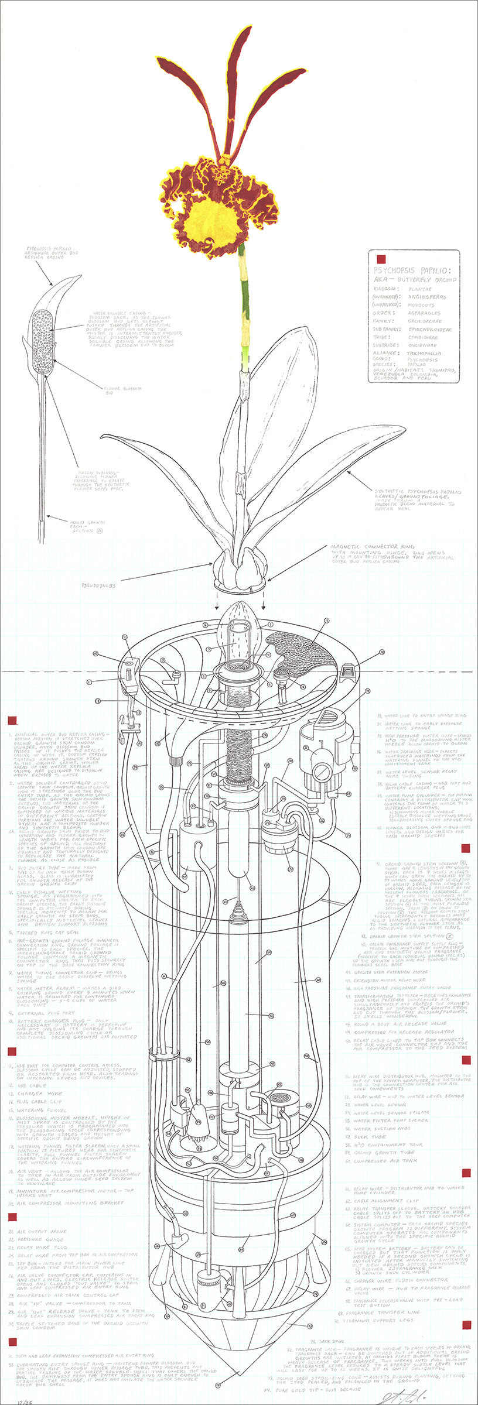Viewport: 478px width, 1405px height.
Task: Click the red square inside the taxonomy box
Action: [381, 258]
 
